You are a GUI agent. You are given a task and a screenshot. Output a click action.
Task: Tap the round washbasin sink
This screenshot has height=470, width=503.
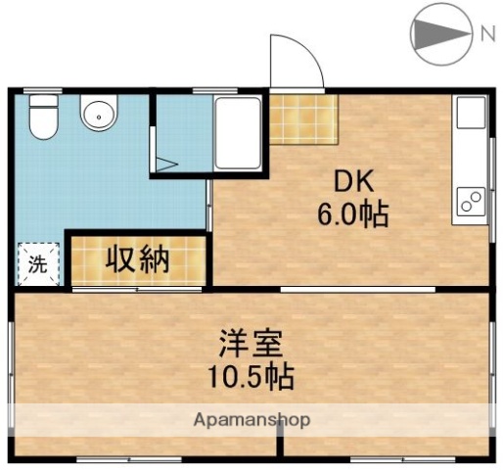pyautogui.click(x=97, y=116)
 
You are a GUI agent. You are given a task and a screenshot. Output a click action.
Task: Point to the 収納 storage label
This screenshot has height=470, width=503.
pyautogui.click(x=138, y=259)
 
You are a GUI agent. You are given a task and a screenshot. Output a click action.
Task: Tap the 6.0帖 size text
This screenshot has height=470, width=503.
pyautogui.click(x=351, y=212)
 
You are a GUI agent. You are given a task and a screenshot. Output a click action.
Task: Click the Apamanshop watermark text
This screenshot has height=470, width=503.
pyautogui.click(x=251, y=420)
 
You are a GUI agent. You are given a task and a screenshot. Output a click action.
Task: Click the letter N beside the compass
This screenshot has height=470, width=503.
pyautogui.click(x=486, y=35)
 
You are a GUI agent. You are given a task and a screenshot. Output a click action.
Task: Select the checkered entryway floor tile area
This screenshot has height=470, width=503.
pyautogui.click(x=302, y=120)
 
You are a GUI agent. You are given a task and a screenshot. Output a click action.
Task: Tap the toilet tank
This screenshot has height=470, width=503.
pyautogui.click(x=42, y=101)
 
